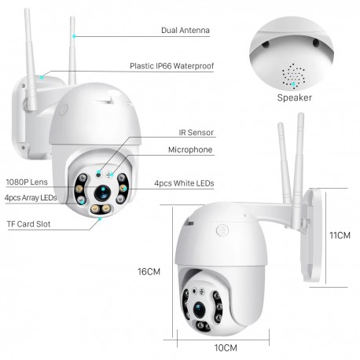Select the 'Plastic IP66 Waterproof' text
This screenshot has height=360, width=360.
[171, 67]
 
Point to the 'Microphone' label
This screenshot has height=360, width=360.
[190, 149]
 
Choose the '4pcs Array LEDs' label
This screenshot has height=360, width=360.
[29, 198]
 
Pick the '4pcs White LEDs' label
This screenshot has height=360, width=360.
[184, 184]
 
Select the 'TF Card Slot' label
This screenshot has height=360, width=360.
[29, 225]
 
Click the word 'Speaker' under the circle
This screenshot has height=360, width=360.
[294, 98]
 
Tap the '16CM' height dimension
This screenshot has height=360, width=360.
[149, 271]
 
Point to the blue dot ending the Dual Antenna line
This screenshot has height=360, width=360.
[74, 35]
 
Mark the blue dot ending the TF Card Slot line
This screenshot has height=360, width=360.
[100, 220]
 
